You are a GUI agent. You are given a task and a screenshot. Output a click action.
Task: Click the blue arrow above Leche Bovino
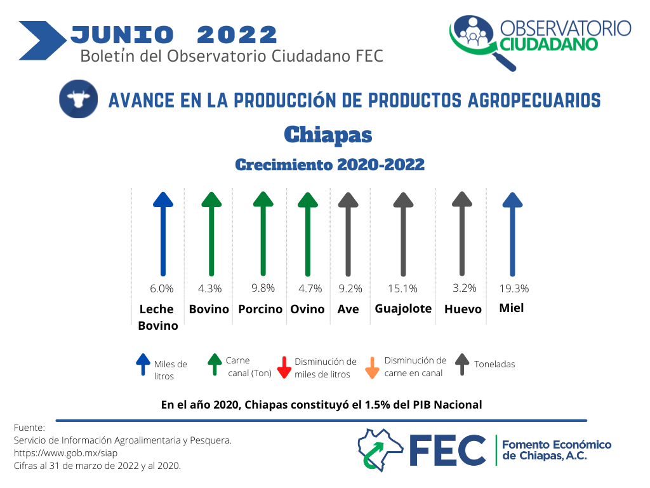pyautogui.click(x=163, y=234)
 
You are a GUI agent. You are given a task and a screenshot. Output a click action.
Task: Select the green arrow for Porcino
pyautogui.click(x=263, y=234)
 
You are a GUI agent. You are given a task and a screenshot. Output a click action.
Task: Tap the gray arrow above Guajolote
pyautogui.click(x=403, y=234)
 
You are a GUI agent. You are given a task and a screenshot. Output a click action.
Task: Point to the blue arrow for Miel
pyautogui.click(x=512, y=234)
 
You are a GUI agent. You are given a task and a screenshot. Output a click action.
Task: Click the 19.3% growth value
pyautogui.click(x=514, y=288)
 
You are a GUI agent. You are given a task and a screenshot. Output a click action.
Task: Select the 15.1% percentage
pyautogui.click(x=402, y=288)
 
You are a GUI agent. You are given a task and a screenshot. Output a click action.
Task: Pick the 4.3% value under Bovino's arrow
pyautogui.click(x=209, y=288)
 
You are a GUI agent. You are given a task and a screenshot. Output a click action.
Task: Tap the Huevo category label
pyautogui.click(x=463, y=309)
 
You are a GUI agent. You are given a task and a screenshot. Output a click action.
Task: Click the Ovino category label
pyautogui.click(x=307, y=309)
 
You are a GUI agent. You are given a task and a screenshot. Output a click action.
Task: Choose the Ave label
pyautogui.click(x=348, y=309)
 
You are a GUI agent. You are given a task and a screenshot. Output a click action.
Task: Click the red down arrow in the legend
pyautogui.click(x=284, y=367)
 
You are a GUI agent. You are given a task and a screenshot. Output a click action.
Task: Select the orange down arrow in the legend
pyautogui.click(x=372, y=368)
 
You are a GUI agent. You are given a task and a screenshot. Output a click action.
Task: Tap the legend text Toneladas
pyautogui.click(x=494, y=364)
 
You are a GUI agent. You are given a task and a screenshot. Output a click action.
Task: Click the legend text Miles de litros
pyautogui.click(x=170, y=370)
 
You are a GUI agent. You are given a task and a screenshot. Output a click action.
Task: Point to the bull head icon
pyautogui.click(x=78, y=99)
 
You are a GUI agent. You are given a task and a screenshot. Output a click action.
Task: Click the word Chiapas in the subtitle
pyautogui.click(x=328, y=135)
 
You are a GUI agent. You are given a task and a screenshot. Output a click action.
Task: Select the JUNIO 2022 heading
pyautogui.click(x=174, y=34)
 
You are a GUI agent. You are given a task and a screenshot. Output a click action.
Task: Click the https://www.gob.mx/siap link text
pyautogui.click(x=65, y=453)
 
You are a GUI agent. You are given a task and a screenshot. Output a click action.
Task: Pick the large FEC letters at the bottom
pyautogui.click(x=448, y=451)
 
